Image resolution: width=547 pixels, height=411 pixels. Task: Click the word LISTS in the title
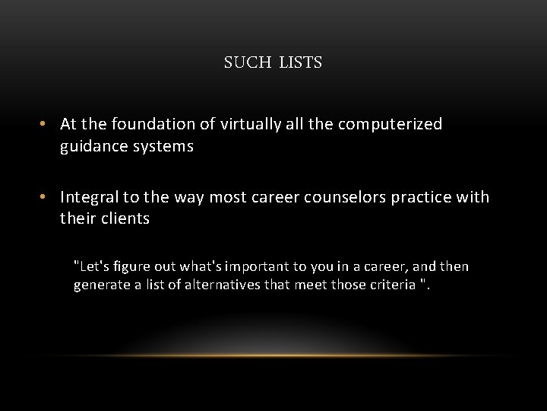pyautogui.click(x=301, y=63)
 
